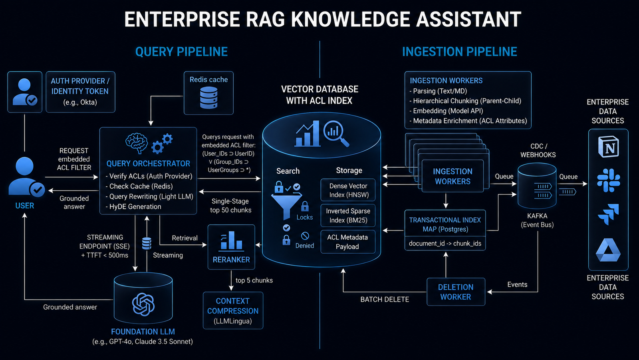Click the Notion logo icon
(609, 147)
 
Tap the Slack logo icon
(609, 180)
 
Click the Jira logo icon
(608, 214)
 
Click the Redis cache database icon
(209, 98)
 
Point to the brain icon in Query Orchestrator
(137, 143)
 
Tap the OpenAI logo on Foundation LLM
(143, 304)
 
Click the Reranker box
(231, 247)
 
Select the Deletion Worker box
(456, 292)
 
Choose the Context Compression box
(233, 310)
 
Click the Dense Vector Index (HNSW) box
(348, 190)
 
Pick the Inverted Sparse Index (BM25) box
(348, 216)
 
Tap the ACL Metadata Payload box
(348, 242)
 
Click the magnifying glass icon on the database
(336, 133)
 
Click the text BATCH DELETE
(385, 300)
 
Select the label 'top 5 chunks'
(254, 280)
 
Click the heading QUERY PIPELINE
(181, 52)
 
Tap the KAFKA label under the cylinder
(537, 216)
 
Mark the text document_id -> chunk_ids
(445, 244)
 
